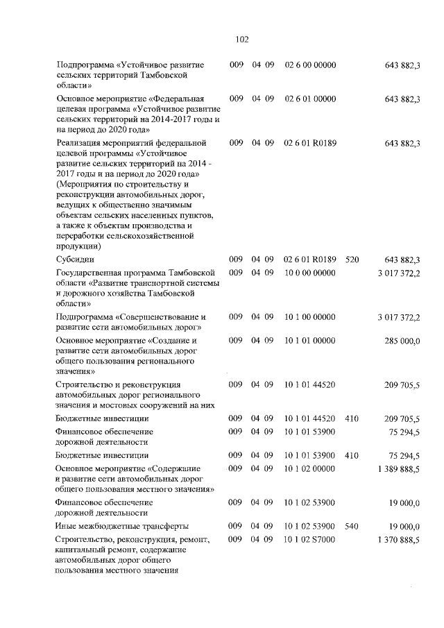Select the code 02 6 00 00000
[310, 65]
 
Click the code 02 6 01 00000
[310, 99]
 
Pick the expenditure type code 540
[351, 526]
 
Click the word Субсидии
[75, 260]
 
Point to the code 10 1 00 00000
[310, 317]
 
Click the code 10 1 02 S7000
[310, 539]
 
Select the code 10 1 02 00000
[310, 468]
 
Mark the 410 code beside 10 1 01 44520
[351, 418]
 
